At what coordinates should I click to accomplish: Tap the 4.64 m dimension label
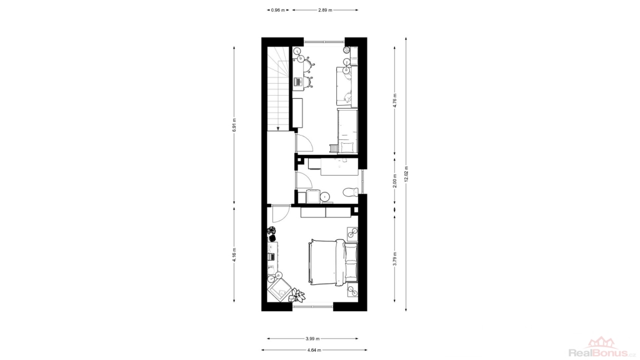pos(314,350)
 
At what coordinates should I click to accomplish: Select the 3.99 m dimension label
pos(312,338)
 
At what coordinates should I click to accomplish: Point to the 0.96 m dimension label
pos(278,10)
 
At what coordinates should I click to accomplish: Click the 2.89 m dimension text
pos(325,10)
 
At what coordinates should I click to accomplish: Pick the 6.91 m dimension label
pos(234,125)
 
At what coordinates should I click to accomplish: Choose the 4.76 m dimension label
pos(395,100)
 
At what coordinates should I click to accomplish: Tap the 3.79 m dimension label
pos(395,259)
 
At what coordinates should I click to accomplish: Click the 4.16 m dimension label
pos(234,255)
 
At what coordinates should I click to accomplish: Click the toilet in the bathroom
pos(350,191)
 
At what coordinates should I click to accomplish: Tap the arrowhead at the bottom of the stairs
pos(277,129)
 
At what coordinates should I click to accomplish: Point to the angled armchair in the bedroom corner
pos(280,289)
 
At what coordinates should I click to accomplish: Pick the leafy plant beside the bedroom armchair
pos(298,295)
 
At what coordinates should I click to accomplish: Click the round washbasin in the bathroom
pos(325,197)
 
